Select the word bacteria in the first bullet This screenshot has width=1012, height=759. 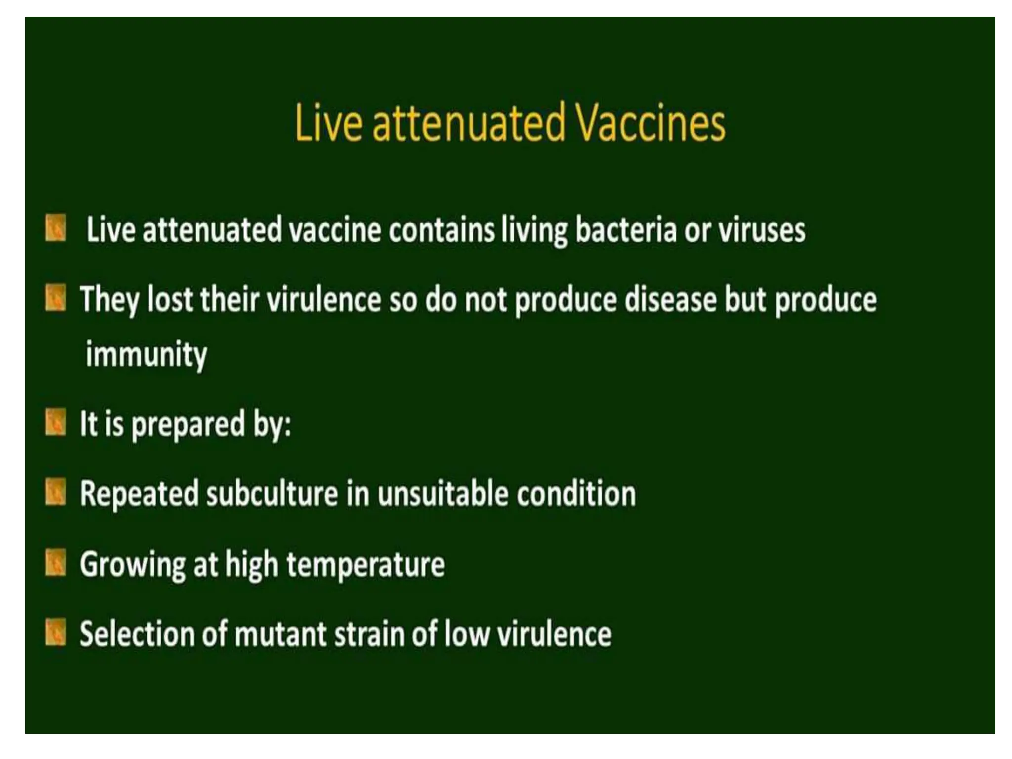626,230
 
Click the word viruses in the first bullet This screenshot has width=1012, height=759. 761,230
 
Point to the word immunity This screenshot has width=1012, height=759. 146,355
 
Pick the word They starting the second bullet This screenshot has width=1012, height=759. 109,300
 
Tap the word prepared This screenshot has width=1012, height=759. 188,424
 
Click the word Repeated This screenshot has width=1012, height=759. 139,494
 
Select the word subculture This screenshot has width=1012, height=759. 272,494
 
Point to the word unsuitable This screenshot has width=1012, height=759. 443,494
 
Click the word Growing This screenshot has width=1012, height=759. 132,565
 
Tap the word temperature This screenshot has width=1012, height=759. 366,565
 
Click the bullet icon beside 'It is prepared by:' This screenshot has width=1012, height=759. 55,423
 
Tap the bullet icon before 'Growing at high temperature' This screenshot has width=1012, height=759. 55,564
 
